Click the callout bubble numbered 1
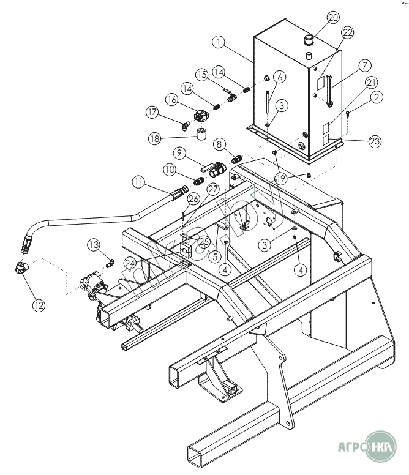tap(219, 43)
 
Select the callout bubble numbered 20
tap(333, 18)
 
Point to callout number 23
tap(375, 141)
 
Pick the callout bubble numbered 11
tap(139, 181)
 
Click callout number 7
tap(364, 65)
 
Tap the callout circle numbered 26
tap(193, 198)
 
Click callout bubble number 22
tap(347, 32)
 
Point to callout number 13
tap(93, 244)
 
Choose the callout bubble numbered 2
tap(376, 96)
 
